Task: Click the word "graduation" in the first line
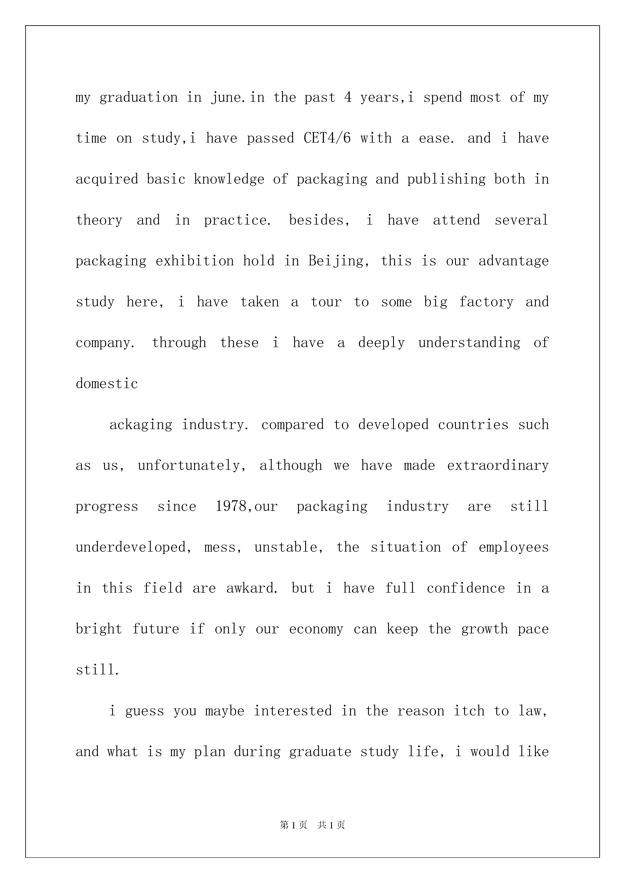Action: (x=139, y=98)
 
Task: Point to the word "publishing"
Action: (x=446, y=179)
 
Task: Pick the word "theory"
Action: (x=99, y=220)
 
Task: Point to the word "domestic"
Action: (x=107, y=384)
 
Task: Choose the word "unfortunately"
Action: (x=191, y=465)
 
